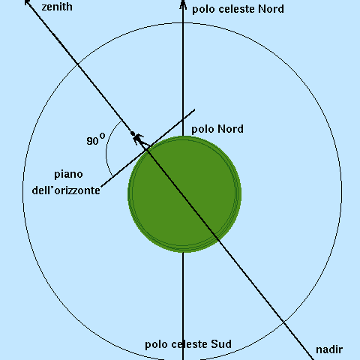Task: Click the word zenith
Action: click(57, 7)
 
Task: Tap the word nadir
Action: click(329, 349)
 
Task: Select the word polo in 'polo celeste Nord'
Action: click(203, 10)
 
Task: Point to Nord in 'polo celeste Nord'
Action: click(271, 9)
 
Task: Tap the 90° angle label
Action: click(96, 139)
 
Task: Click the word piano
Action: click(68, 175)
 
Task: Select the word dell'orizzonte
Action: click(66, 190)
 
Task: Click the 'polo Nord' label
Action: click(217, 130)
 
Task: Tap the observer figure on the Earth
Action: click(138, 139)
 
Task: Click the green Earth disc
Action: click(184, 194)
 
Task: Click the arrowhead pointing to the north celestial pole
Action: click(183, 4)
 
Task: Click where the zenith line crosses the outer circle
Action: click(77, 64)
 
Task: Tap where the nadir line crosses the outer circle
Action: click(283, 321)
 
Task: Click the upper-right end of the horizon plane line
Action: click(194, 109)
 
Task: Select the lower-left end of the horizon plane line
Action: click(101, 186)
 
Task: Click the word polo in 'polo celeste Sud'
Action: click(157, 345)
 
